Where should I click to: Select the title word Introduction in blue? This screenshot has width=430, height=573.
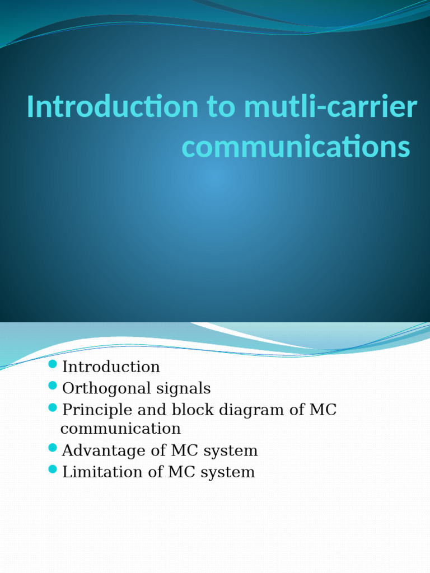pos(112,107)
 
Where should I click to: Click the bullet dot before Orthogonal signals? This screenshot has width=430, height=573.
pos(53,386)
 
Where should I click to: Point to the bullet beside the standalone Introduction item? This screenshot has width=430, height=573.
pos(53,365)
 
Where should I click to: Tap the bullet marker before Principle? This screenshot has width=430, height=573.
pos(53,407)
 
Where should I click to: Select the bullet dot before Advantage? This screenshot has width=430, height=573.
pos(53,448)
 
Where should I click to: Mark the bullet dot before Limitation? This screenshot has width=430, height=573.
pos(53,469)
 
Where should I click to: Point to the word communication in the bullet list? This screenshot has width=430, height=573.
pos(120,429)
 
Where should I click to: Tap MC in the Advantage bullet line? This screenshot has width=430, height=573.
pos(181,450)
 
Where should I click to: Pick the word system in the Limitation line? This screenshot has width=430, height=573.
pos(229,472)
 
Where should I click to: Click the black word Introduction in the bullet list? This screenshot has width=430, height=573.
pos(111,367)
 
